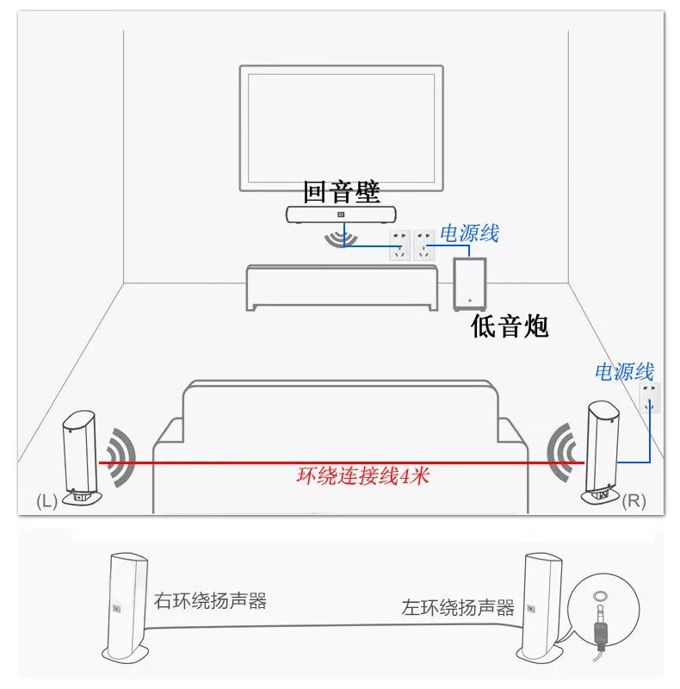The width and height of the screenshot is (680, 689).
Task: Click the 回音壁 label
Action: [x=342, y=192]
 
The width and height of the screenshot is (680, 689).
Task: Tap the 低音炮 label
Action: [x=510, y=326]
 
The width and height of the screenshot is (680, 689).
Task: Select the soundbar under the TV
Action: [x=340, y=214]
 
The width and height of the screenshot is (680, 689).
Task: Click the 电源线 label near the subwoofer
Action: [x=469, y=233]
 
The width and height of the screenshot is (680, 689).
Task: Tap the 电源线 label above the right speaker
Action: [x=624, y=372]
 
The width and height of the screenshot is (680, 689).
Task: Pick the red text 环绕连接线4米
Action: [x=362, y=476]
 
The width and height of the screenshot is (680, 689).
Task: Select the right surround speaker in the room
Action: [x=600, y=452]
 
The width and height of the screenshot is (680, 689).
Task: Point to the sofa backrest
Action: [x=340, y=409]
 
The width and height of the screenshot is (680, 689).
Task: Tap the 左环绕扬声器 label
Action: [x=458, y=607]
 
